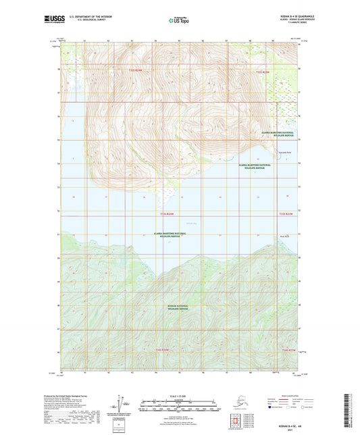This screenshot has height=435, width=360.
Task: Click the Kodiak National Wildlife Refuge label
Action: [180, 307]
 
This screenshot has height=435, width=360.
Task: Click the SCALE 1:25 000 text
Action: [180, 396]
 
